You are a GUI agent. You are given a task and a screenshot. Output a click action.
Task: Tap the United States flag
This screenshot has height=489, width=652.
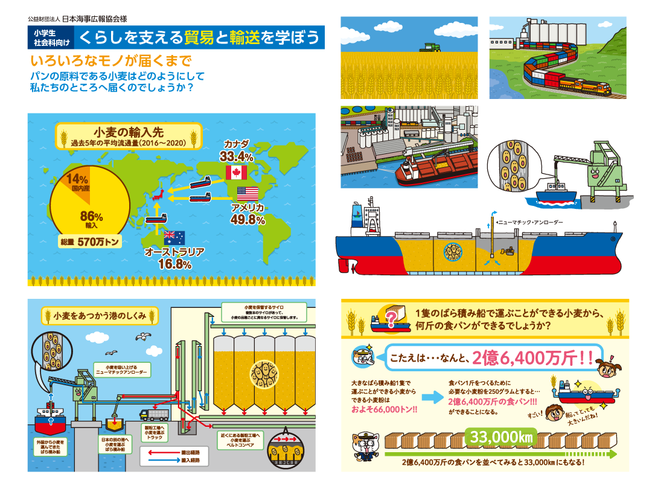click(x=247, y=194)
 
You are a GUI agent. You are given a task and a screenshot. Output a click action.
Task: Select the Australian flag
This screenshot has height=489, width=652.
click(x=174, y=238)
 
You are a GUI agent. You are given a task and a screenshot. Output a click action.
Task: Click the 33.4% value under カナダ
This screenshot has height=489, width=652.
click(x=236, y=157)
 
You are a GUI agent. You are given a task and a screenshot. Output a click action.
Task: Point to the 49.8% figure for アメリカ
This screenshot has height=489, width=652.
click(x=248, y=220)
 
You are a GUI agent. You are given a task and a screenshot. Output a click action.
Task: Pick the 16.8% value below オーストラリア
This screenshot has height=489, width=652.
click(x=174, y=264)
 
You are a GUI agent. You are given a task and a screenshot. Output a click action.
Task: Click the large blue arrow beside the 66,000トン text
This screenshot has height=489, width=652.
click(x=430, y=397)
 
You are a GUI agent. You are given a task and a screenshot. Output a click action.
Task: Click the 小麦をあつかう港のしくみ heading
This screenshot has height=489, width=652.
click(x=100, y=315)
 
